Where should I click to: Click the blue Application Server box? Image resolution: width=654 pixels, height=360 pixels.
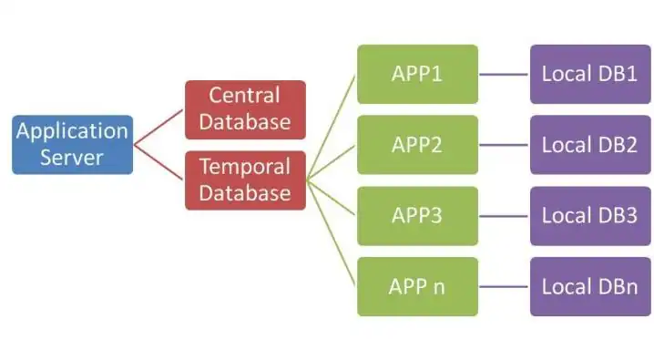72,144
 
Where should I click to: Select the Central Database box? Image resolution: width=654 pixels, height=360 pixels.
245,108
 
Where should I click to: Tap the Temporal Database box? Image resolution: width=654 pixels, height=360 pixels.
245,180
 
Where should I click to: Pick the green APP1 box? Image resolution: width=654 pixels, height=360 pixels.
417,73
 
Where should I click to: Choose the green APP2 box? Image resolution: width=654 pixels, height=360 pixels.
417,144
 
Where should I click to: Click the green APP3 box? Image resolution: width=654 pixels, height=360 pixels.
417,216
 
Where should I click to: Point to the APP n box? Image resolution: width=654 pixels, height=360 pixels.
417,286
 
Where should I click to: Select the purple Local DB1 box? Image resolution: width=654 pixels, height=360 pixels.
589,73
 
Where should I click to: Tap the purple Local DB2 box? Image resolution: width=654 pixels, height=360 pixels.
589,144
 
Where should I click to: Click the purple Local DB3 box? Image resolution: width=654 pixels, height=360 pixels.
589,216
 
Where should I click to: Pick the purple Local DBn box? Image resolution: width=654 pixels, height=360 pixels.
589,286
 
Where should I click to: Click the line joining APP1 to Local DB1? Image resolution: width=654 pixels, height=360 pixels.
504,74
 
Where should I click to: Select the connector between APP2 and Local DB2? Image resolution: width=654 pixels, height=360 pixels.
504,145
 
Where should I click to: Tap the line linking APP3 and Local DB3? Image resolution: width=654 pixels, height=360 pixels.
504,216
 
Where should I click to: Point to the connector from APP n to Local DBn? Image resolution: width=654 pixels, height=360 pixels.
504,287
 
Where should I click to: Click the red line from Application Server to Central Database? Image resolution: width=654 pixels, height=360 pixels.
159,127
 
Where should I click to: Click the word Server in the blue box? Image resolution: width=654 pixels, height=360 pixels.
72,157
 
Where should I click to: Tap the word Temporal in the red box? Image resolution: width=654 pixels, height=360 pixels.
245,167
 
